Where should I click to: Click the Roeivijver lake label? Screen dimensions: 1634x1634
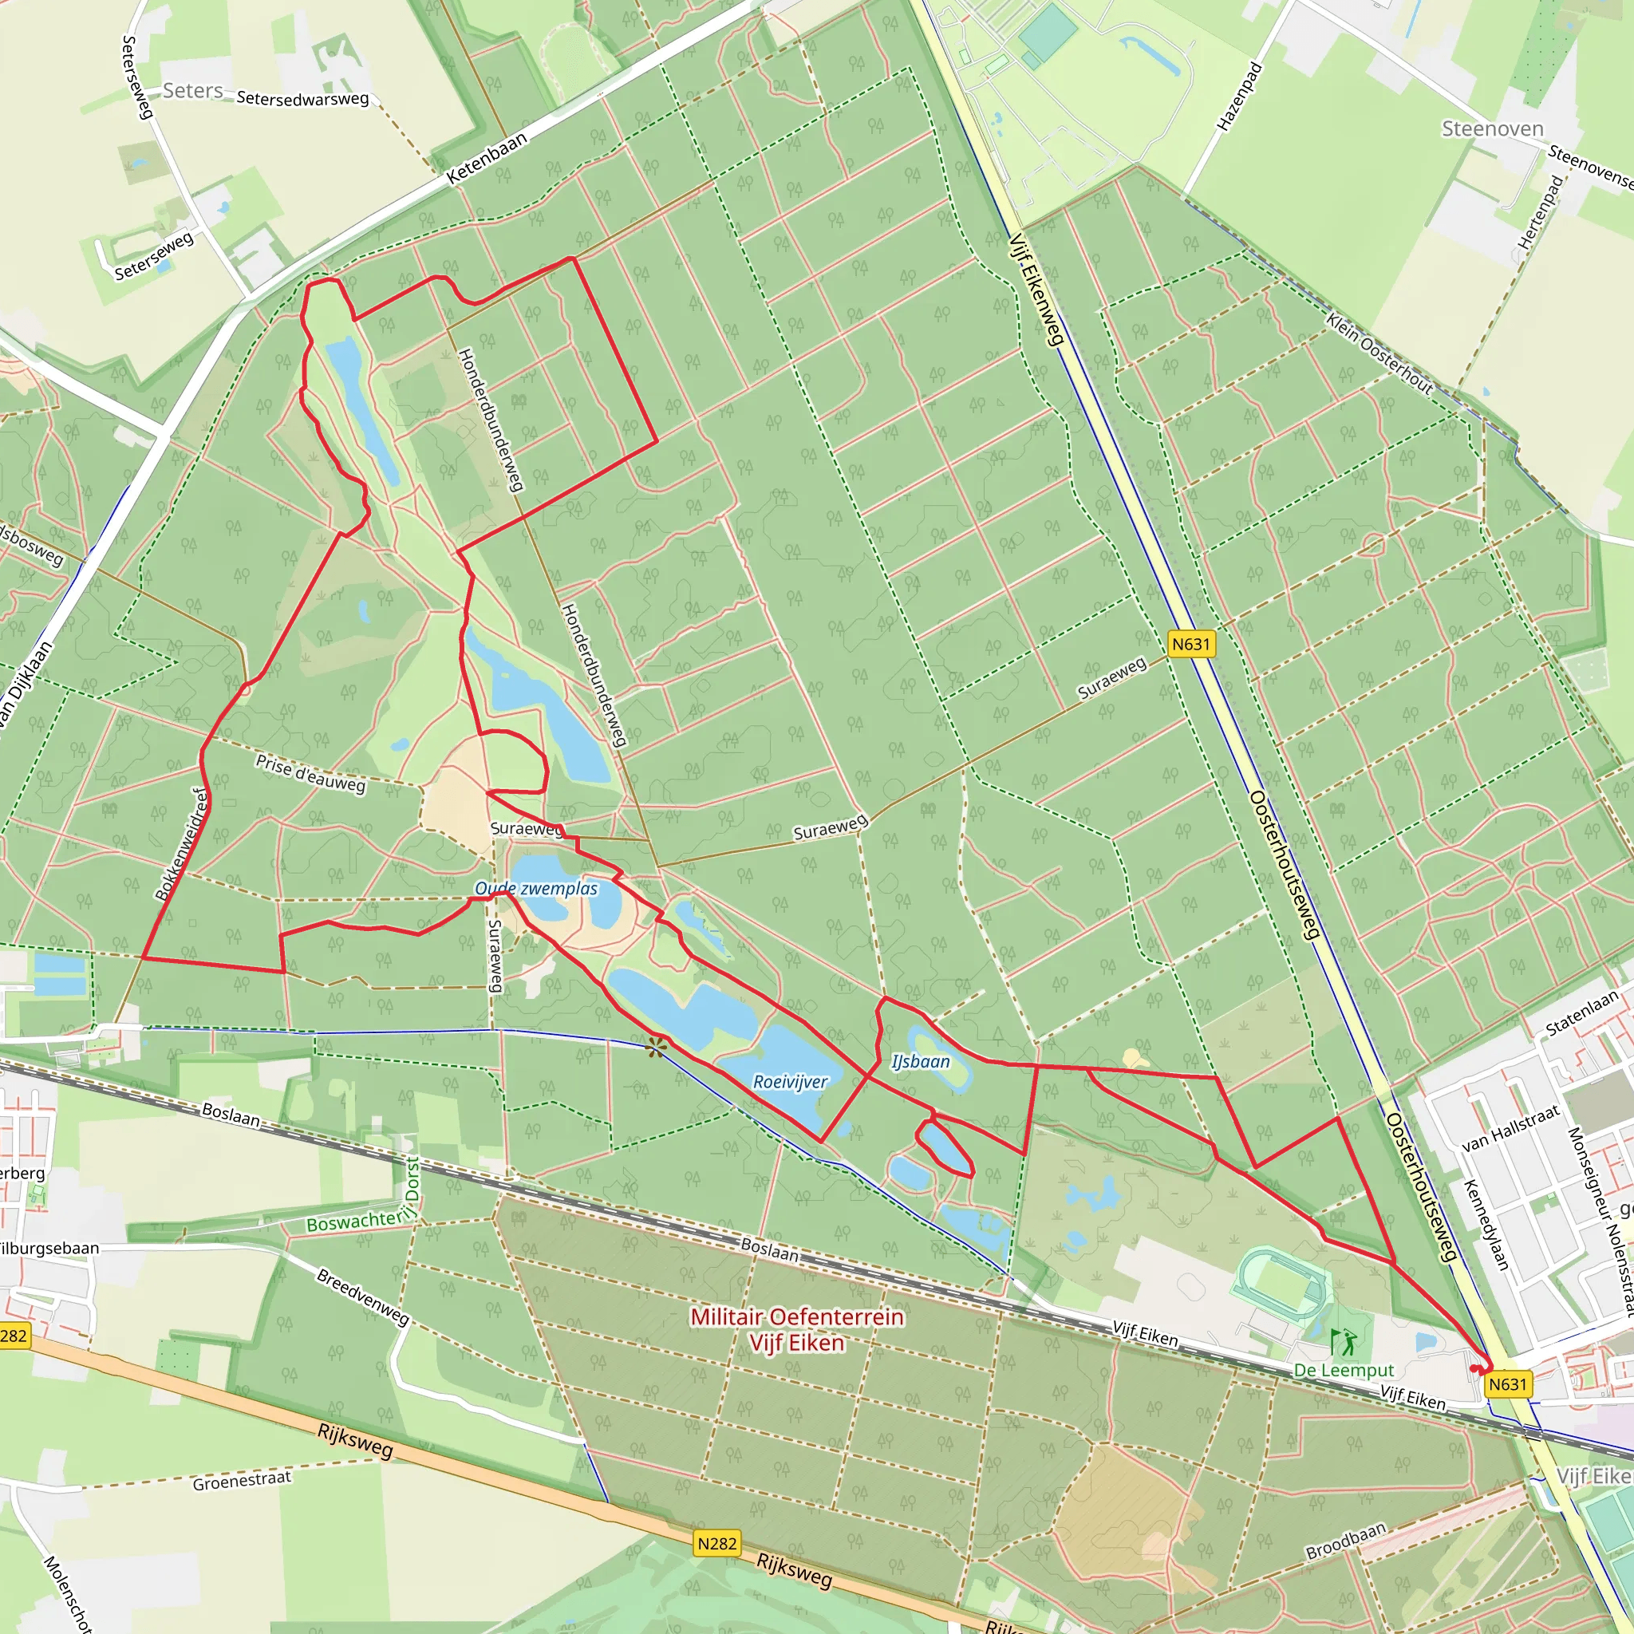790,1081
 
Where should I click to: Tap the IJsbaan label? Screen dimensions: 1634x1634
920,1061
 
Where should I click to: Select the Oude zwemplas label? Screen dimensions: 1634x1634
536,889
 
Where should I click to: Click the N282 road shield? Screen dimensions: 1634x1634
717,1544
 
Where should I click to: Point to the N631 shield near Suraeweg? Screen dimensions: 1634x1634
1191,645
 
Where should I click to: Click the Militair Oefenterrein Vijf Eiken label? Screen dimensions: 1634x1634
797,1329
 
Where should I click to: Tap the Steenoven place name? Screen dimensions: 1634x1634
1493,128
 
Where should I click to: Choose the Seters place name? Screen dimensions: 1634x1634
193,90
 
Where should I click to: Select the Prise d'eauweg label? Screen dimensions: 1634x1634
310,774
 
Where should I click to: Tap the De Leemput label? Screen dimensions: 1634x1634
1344,1370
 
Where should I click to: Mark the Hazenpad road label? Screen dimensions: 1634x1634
1240,97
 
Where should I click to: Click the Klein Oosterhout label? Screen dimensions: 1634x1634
1379,353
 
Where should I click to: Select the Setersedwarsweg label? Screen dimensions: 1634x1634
302,98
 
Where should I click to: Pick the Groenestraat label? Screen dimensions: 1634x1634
242,1481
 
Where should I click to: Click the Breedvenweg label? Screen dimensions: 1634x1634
363,1297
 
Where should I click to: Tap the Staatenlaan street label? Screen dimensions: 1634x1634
1581,1013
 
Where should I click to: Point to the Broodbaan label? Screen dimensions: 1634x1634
1347,1541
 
